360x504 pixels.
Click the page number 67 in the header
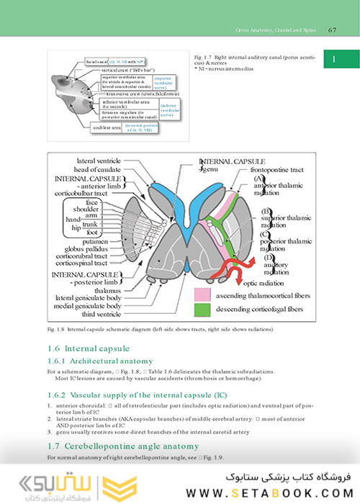[x=333, y=30]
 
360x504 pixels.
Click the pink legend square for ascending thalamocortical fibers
[x=203, y=294]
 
